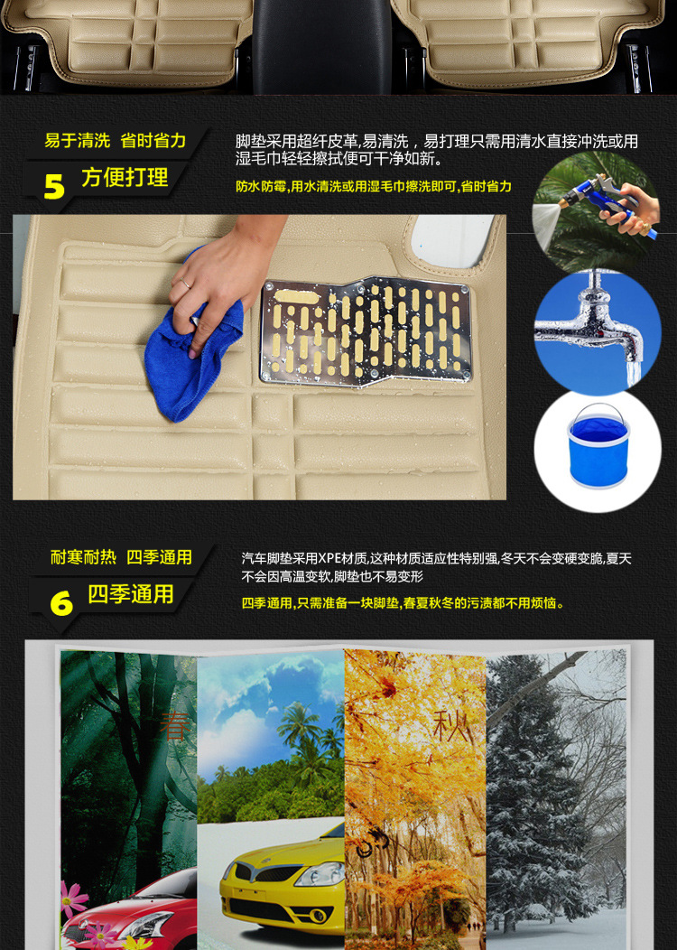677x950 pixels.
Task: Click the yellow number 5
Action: click(54, 186)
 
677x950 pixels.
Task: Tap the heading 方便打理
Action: click(125, 178)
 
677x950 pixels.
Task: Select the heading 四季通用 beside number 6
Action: click(131, 594)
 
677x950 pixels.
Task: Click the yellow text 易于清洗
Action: click(77, 141)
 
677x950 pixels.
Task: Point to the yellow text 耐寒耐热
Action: click(83, 558)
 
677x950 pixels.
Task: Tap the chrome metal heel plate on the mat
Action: click(366, 331)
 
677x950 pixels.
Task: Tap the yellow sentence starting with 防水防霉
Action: click(373, 187)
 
